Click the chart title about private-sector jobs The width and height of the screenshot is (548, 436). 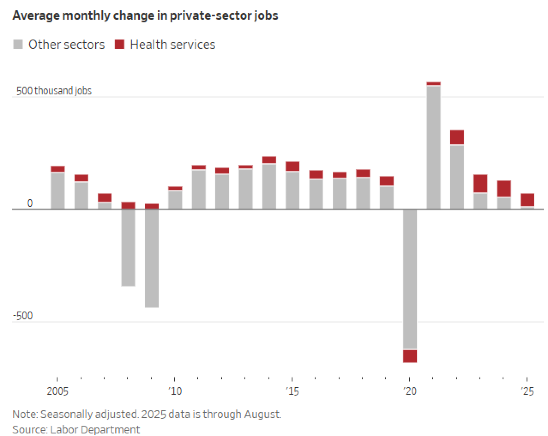click(x=145, y=16)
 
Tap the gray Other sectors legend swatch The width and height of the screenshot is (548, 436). click(x=18, y=45)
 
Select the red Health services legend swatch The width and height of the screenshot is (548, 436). click(x=119, y=45)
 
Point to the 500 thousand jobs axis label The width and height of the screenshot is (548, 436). click(x=54, y=91)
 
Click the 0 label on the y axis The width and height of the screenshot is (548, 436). click(x=30, y=203)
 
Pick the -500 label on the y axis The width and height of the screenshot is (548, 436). click(x=23, y=315)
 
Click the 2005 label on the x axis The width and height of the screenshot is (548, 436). click(x=57, y=391)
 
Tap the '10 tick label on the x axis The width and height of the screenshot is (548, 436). click(x=175, y=391)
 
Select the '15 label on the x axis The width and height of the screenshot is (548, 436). click(x=292, y=391)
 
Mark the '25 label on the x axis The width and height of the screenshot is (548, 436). click(x=527, y=391)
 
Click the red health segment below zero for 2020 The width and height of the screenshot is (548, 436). click(x=410, y=356)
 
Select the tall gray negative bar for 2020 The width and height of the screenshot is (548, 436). click(x=410, y=279)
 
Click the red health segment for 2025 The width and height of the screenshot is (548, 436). click(x=527, y=200)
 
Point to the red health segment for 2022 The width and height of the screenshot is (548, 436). click(x=457, y=137)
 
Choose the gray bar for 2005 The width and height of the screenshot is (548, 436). click(x=58, y=191)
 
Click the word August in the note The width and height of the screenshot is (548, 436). click(x=262, y=414)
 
